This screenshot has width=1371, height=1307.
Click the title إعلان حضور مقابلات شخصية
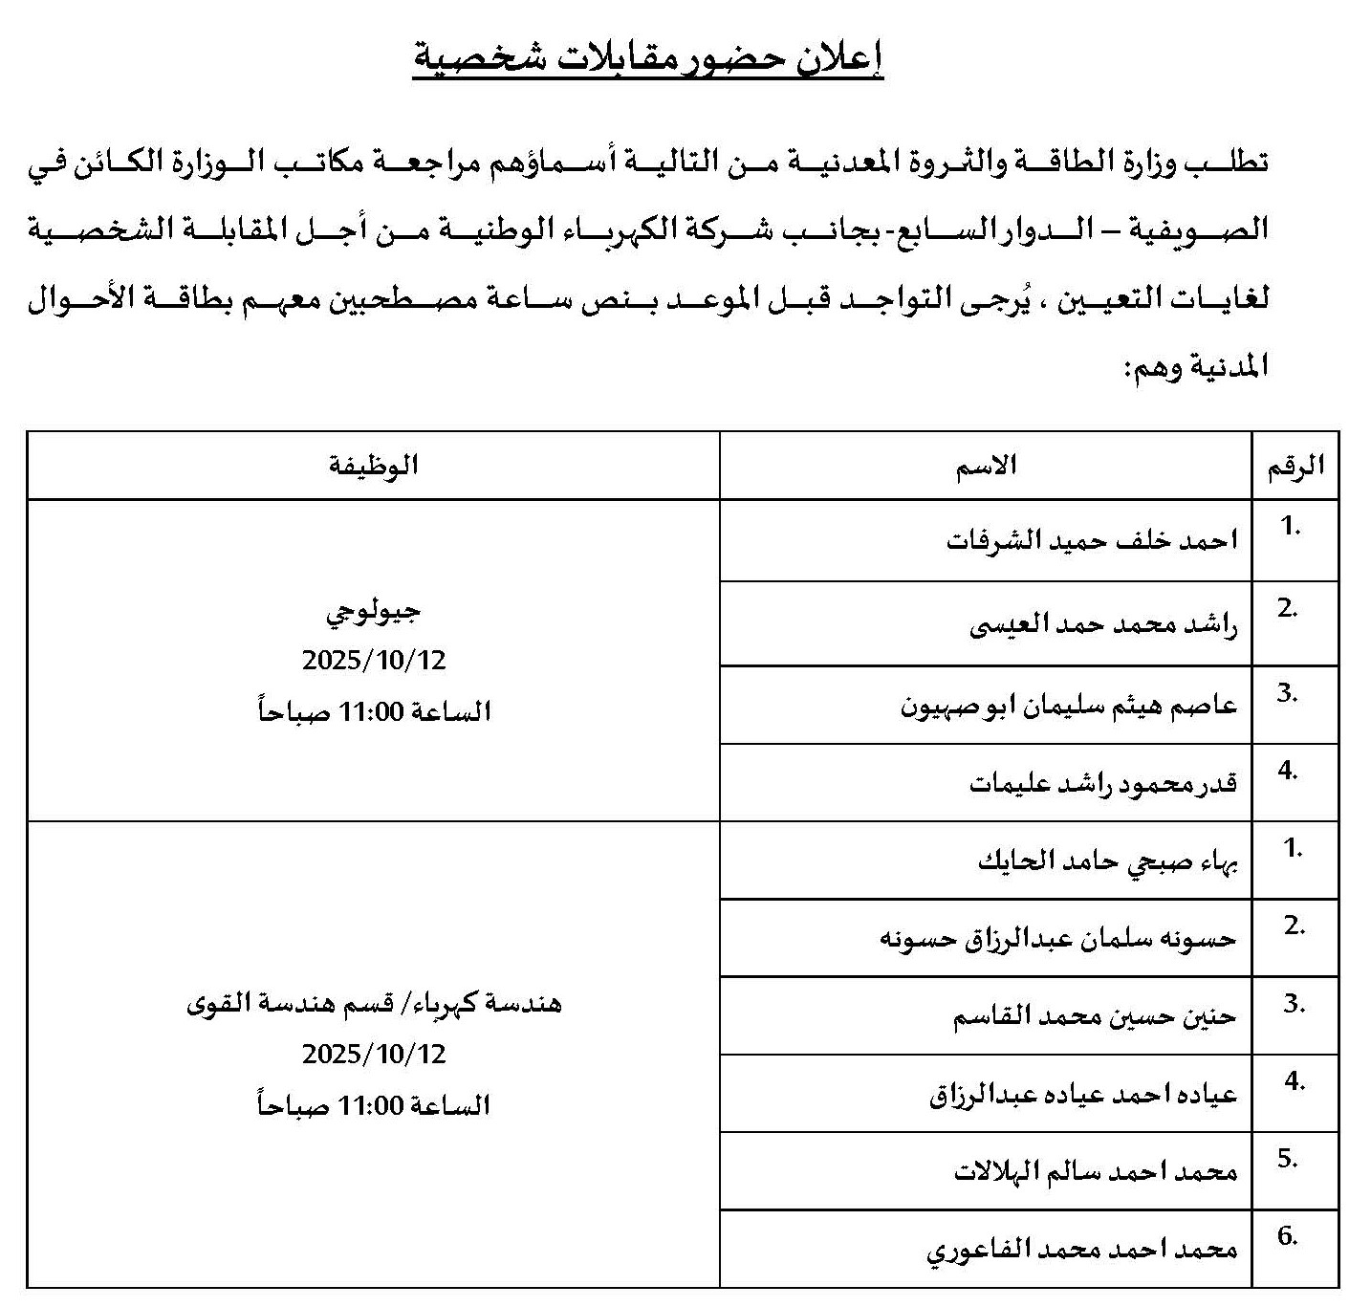(647, 59)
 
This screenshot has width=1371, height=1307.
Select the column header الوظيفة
(373, 466)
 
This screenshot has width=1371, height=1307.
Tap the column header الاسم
(986, 466)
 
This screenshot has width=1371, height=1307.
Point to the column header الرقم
(1295, 466)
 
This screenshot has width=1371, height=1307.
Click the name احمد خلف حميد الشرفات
(1092, 541)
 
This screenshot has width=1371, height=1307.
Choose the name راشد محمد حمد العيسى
(1103, 626)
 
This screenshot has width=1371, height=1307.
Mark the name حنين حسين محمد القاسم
(1095, 1016)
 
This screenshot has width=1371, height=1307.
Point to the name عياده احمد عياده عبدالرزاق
(1083, 1094)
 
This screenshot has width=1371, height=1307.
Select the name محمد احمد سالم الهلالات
(1096, 1171)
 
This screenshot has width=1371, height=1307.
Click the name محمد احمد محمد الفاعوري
(1082, 1250)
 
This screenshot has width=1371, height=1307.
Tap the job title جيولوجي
(373, 612)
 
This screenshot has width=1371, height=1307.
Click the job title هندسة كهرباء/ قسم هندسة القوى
(373, 1004)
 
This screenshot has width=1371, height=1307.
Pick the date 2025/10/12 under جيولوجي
(374, 661)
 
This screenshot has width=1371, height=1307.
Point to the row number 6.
(1287, 1236)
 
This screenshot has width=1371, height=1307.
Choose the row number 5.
(1287, 1159)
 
